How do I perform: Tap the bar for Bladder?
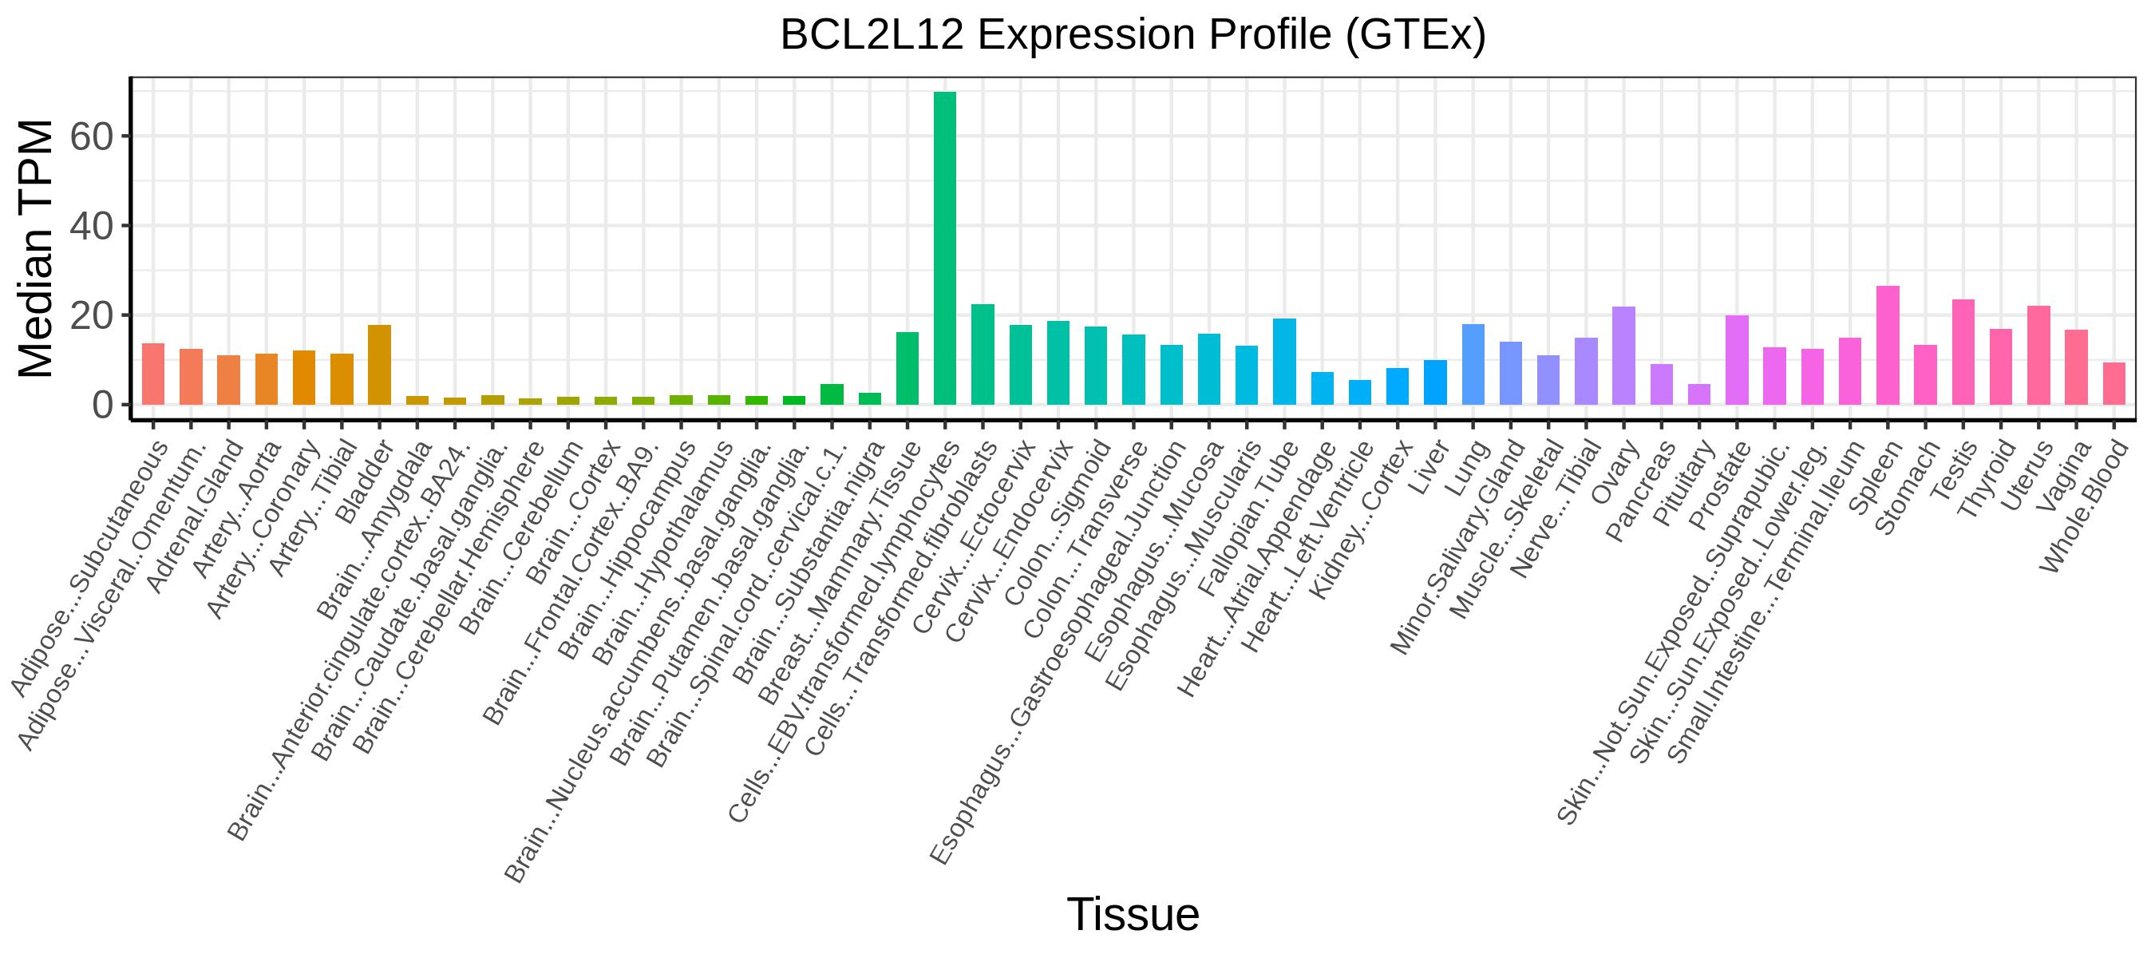point(379,365)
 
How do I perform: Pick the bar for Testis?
point(1963,352)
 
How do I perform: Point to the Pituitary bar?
point(1699,395)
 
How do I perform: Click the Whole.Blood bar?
point(2114,384)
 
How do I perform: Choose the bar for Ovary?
point(1623,355)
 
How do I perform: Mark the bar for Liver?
point(1436,382)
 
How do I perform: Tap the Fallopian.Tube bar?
point(1284,362)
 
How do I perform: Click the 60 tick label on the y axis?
point(91,137)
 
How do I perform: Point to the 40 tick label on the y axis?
point(91,226)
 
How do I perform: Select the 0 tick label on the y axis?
point(102,405)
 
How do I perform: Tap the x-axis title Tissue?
point(1133,913)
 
